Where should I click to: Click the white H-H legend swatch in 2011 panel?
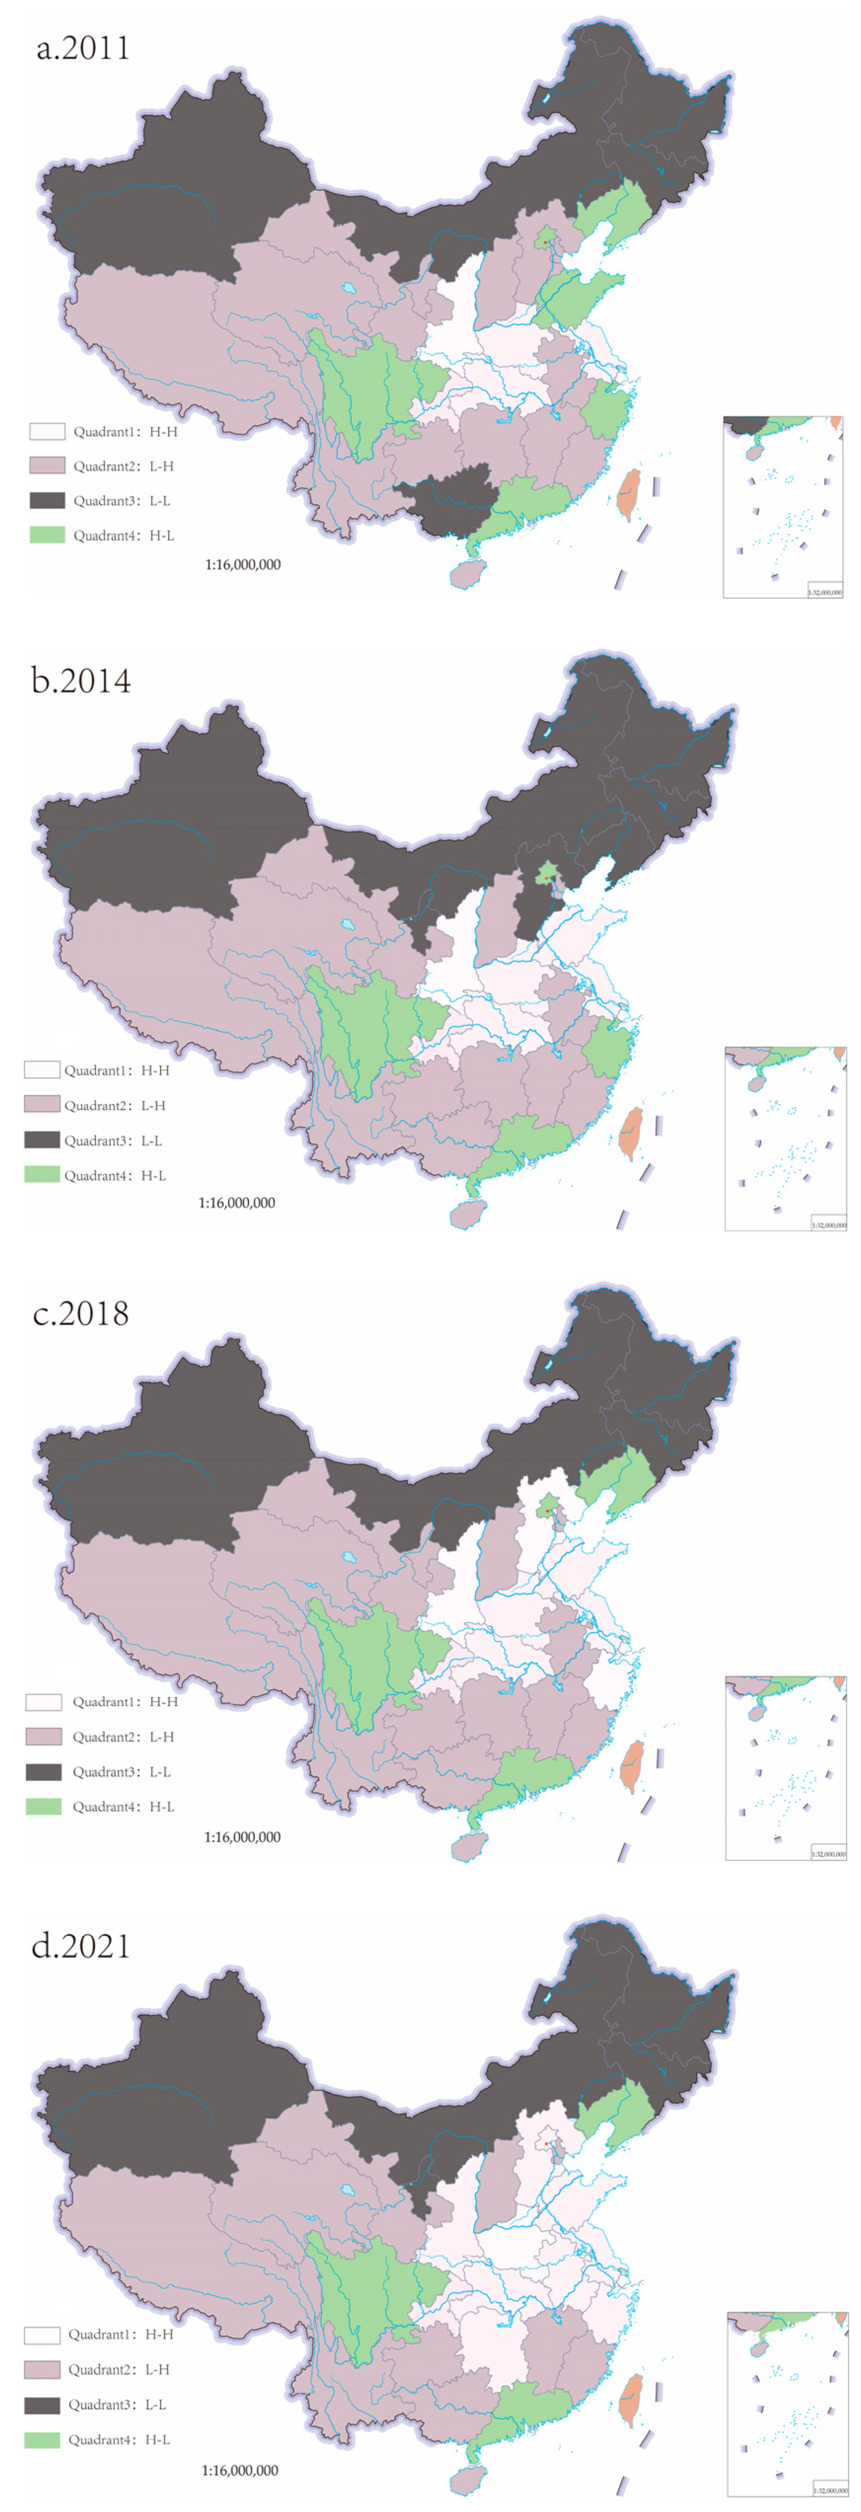coord(47,431)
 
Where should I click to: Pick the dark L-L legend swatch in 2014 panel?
coord(42,1140)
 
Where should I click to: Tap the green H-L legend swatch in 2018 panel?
coord(43,1806)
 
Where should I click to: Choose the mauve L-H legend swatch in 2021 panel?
coord(42,2368)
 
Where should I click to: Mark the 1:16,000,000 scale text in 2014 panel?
coord(237,1202)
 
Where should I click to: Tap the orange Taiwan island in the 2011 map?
coord(629,494)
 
